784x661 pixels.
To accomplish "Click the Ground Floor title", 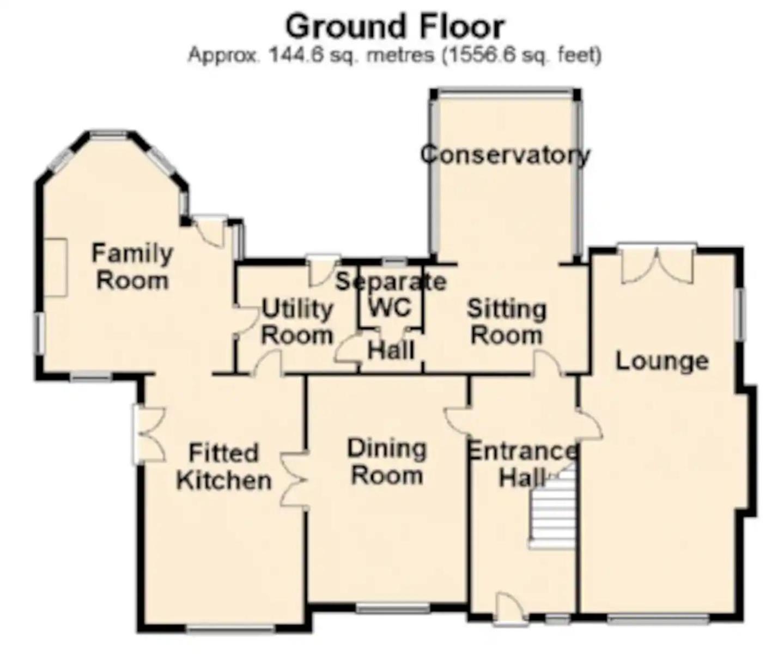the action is (394, 27).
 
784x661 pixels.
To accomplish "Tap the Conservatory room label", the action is (505, 155).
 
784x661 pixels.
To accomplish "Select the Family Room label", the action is (132, 266).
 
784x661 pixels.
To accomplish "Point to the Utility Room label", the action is (297, 322).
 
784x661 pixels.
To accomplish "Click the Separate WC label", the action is (391, 294).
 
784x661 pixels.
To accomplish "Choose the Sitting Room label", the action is (507, 322).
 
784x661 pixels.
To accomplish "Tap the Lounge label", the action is (663, 361).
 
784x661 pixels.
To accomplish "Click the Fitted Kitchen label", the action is (224, 466).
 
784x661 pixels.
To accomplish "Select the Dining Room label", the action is (387, 462).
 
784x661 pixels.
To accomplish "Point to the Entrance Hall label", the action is (522, 464).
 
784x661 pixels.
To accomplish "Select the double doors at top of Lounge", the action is (658, 264).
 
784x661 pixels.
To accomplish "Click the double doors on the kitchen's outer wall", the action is (149, 434).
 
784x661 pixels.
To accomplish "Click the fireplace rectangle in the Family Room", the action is (56, 268).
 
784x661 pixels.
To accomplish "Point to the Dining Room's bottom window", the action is (392, 608).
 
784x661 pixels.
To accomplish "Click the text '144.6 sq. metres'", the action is (351, 56).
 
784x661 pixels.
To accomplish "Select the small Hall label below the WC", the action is (391, 350).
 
